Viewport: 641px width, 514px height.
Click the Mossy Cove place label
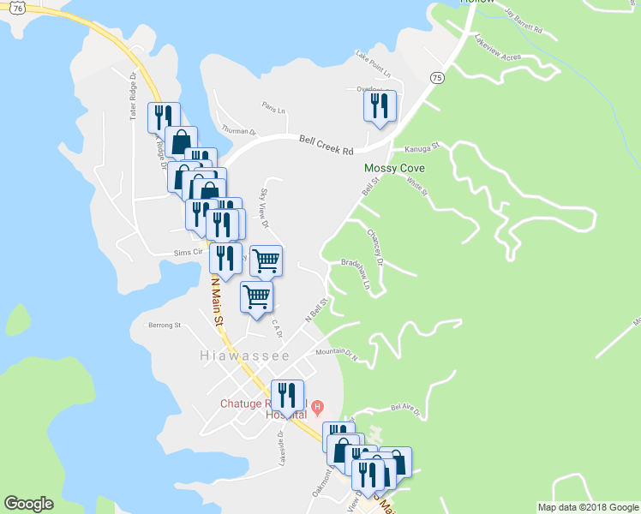click(394, 169)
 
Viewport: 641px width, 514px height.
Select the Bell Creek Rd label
click(326, 144)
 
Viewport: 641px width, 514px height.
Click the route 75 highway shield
click(437, 78)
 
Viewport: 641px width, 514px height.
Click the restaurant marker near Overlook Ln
click(378, 106)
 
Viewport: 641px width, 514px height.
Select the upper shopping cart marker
click(267, 260)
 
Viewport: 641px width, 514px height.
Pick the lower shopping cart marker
click(256, 296)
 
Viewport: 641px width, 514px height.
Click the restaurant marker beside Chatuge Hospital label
click(287, 395)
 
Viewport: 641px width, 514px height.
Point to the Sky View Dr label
click(265, 208)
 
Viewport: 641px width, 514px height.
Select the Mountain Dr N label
click(335, 352)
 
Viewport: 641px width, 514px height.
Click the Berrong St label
click(165, 326)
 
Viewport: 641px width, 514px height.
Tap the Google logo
click(28, 504)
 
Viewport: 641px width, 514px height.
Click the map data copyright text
click(587, 507)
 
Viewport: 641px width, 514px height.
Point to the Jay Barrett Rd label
click(524, 22)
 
